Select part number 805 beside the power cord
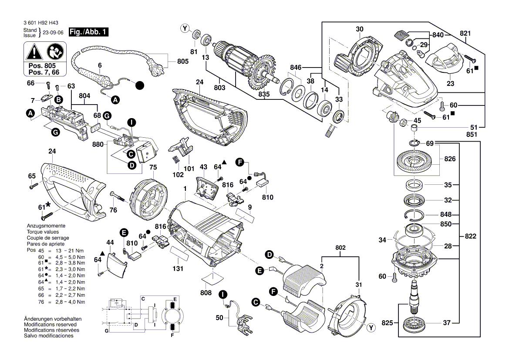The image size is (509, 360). (x=183, y=61)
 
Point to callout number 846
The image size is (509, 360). (x=296, y=68)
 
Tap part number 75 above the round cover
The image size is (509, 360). (x=153, y=167)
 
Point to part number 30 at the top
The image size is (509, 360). (x=359, y=30)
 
